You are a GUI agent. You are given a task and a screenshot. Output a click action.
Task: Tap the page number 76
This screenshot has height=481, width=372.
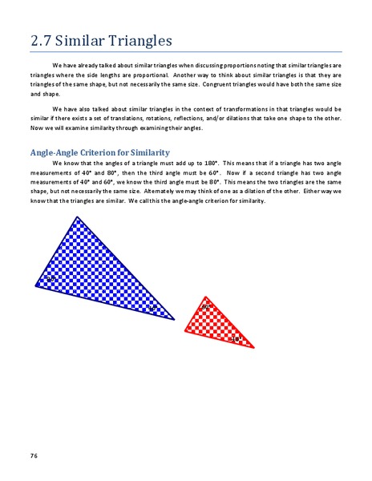click(34, 456)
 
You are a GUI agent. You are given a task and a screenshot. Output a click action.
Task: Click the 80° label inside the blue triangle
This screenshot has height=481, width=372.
click(51, 278)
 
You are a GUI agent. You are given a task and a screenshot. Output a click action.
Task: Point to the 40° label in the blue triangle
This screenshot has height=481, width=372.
click(152, 307)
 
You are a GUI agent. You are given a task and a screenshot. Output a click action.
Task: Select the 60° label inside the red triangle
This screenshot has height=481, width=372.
click(206, 307)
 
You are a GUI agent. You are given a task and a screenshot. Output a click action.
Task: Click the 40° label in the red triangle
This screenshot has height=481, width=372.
click(236, 339)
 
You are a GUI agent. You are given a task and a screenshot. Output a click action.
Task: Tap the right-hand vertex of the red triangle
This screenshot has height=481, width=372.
click(256, 348)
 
